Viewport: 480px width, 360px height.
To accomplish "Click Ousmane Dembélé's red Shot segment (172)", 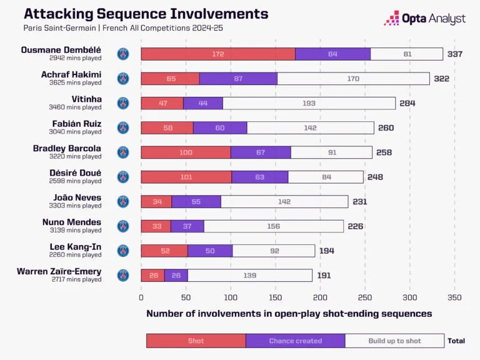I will tap(217, 54).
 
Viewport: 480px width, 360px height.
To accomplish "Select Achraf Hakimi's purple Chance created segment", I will tap(238, 79).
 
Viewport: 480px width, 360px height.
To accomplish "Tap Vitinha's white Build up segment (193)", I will tap(309, 103).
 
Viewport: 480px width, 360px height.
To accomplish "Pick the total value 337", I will tap(455, 54).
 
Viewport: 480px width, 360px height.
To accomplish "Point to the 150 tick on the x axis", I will tap(276, 298).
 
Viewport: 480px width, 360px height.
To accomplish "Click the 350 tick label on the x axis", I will tap(455, 298).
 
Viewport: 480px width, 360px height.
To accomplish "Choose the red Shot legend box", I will tap(196, 341).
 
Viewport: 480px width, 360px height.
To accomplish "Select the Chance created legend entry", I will tap(295, 341).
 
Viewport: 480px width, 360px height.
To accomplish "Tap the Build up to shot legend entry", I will tap(394, 341).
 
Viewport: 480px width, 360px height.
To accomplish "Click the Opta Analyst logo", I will tap(424, 18).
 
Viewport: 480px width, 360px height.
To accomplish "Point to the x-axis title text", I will tap(289, 314).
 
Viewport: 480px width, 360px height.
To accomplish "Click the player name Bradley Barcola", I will tap(67, 149).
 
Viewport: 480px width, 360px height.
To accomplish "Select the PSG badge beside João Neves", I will tap(123, 201).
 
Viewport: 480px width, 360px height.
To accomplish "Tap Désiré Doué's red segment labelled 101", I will tap(186, 177).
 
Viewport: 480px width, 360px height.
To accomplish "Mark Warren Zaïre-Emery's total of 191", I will tap(322, 275).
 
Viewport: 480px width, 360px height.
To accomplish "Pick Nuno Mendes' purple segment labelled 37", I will tap(187, 226).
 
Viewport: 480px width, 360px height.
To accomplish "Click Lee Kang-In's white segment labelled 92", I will tap(274, 251).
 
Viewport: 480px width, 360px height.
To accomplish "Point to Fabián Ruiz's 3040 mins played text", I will tap(76, 132).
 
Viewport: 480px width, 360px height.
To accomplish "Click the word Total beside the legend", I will tap(456, 341).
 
